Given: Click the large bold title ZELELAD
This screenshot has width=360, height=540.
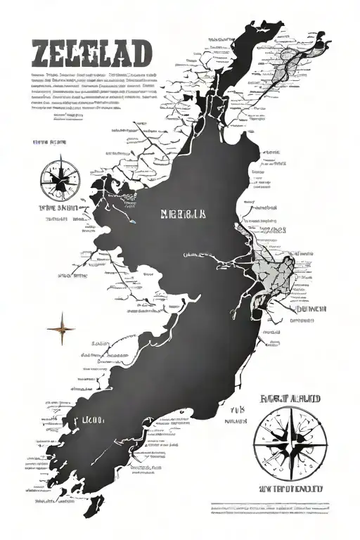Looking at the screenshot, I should (x=91, y=53).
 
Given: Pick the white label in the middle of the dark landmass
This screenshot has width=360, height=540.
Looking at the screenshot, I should (x=183, y=214).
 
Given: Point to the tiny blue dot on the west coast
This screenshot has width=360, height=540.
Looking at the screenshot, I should (x=131, y=223).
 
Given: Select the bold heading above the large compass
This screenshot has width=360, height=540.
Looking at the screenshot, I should (x=290, y=399).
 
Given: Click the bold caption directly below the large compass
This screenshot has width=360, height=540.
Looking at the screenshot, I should (x=290, y=488).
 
